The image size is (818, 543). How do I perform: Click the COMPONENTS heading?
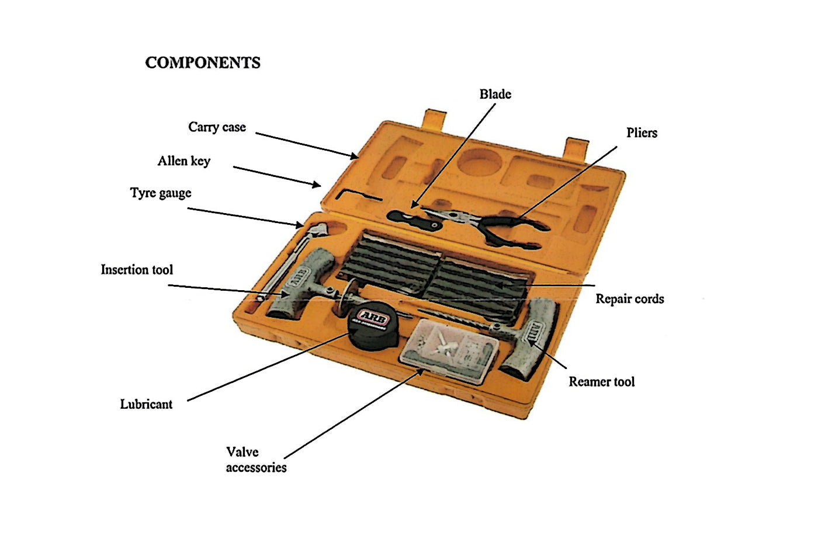pyautogui.click(x=203, y=63)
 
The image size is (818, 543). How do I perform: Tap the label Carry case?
pyautogui.click(x=217, y=127)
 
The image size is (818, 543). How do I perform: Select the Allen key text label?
pyautogui.click(x=184, y=161)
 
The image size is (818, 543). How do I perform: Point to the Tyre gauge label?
pyautogui.click(x=161, y=193)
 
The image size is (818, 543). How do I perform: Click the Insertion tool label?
pyautogui.click(x=137, y=270)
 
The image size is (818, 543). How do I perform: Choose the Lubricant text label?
pyautogui.click(x=146, y=404)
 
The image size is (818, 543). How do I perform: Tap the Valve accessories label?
pyautogui.click(x=256, y=460)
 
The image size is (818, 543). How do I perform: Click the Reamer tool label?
pyautogui.click(x=601, y=382)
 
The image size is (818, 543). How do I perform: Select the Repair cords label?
pyautogui.click(x=629, y=299)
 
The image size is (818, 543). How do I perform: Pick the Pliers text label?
pyautogui.click(x=642, y=133)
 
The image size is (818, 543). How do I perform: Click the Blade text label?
pyautogui.click(x=495, y=95)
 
